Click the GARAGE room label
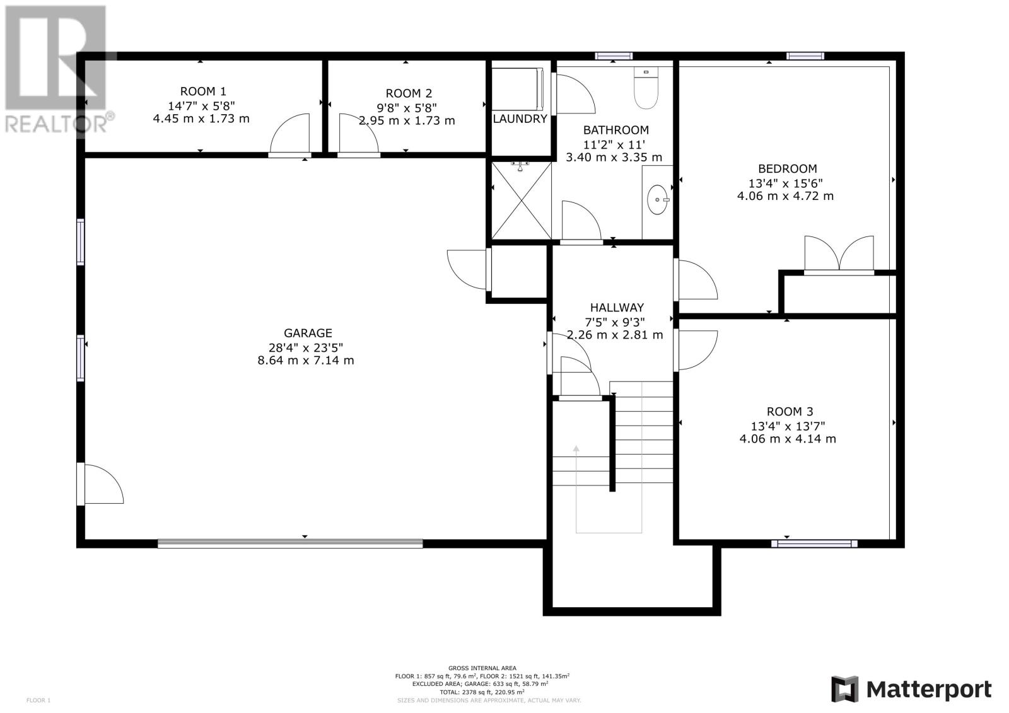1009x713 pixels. click(308, 333)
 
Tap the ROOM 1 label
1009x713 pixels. click(203, 91)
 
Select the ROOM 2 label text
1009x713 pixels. click(409, 93)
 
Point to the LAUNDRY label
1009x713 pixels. click(520, 119)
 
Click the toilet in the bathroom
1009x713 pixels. click(646, 88)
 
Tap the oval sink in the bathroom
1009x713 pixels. click(658, 200)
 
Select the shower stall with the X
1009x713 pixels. click(521, 200)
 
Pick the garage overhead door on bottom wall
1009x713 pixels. click(290, 543)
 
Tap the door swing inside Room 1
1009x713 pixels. click(289, 134)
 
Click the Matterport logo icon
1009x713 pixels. click(844, 689)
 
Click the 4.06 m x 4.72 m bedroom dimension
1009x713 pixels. click(785, 197)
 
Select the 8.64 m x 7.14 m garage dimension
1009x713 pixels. click(305, 361)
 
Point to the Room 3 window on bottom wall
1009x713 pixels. click(814, 543)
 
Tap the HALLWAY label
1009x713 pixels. click(617, 308)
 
